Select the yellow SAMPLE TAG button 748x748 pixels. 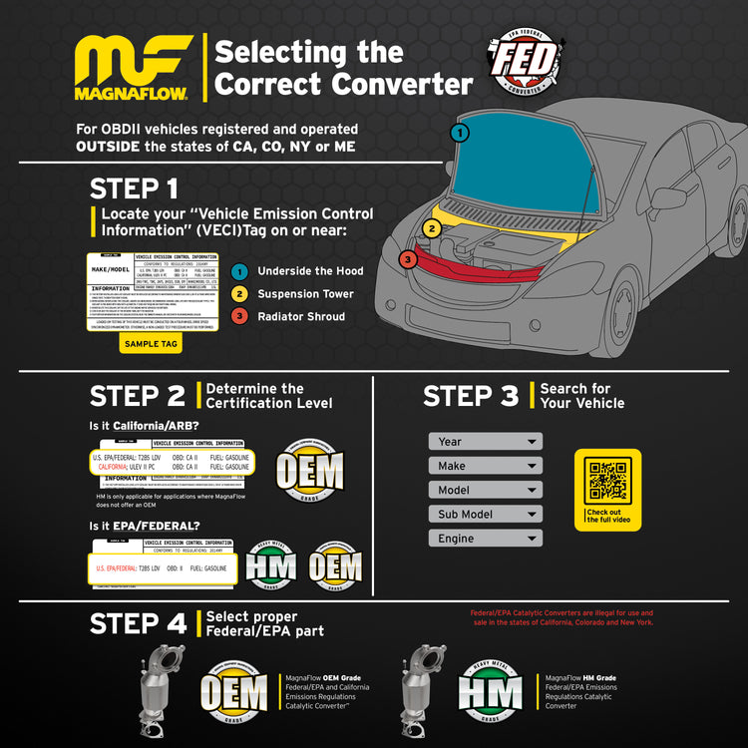point(151,343)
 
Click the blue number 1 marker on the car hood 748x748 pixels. point(459,132)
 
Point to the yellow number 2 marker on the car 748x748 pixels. point(431,228)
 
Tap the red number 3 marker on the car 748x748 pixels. point(408,260)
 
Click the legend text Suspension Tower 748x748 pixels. point(305,294)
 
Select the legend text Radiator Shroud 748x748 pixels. point(301,317)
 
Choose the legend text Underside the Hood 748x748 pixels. point(310,271)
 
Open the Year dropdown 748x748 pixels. point(486,441)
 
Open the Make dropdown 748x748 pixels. point(486,466)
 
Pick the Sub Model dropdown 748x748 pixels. point(486,515)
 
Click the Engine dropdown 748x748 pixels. point(486,539)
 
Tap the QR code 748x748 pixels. point(607,481)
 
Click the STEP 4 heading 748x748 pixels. point(138,624)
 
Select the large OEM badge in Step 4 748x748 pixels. point(234,691)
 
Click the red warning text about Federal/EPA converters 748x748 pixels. point(561,617)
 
